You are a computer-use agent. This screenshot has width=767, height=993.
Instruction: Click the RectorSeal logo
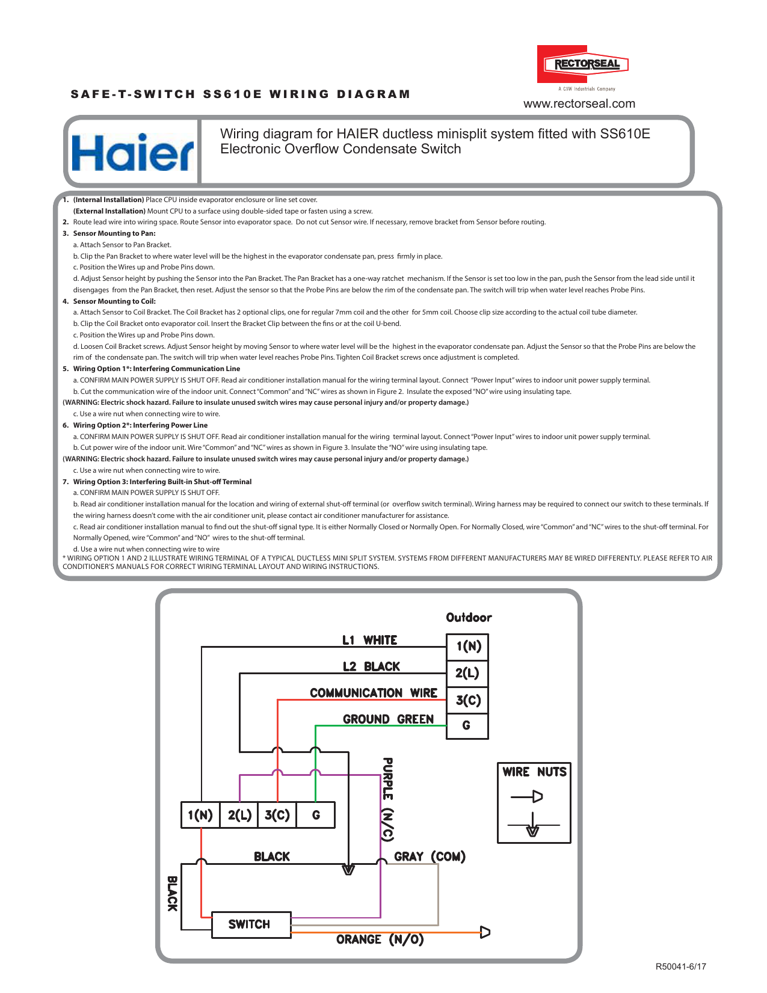point(582,64)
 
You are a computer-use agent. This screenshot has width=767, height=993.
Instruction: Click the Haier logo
point(133,153)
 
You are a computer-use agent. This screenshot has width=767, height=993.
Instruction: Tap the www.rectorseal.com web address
point(579,103)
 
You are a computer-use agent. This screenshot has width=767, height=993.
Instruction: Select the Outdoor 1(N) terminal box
point(467,647)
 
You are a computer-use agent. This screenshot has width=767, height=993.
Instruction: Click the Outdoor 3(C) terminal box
point(467,700)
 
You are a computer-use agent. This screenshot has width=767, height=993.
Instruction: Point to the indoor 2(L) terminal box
point(239,816)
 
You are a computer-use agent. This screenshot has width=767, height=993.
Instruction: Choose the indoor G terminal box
point(316,816)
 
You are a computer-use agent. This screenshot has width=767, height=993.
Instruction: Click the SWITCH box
point(250,924)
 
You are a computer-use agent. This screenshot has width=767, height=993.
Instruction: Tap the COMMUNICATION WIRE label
point(373,693)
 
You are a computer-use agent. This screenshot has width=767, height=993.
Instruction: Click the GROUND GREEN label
point(388,719)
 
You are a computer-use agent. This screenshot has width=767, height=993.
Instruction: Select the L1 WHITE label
point(369,640)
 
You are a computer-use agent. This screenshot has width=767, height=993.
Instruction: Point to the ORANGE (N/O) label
point(380,939)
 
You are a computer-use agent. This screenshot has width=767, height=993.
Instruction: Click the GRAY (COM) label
point(430,856)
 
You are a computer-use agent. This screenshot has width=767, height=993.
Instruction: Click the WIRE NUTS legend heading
point(534,772)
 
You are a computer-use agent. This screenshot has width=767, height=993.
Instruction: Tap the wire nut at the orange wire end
point(485,932)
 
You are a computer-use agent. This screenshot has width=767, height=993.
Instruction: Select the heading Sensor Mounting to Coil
point(114,301)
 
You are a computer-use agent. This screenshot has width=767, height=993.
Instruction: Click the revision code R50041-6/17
point(680,967)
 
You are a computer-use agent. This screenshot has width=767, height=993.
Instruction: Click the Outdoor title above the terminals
point(469,618)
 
